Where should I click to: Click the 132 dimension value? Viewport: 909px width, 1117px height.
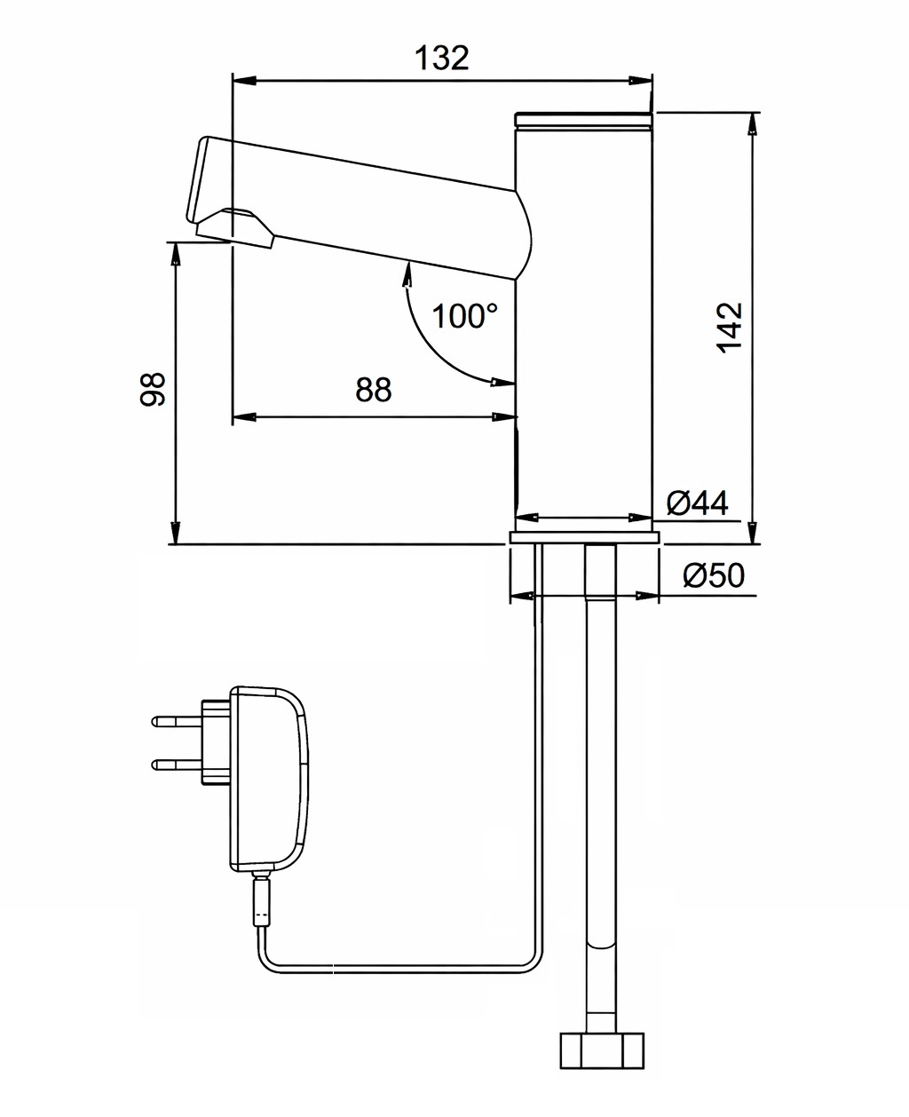pos(442,58)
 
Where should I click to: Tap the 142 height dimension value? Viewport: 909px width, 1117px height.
pos(730,327)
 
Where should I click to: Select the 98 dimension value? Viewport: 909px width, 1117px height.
pos(154,389)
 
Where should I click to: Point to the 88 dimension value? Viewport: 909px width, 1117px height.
pos(373,390)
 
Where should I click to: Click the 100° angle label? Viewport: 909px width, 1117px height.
pos(464,315)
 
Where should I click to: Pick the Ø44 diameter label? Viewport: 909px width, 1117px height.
pos(697,503)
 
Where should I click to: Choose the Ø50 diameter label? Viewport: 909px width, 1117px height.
pos(714,576)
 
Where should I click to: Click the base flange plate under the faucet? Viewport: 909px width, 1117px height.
pos(584,536)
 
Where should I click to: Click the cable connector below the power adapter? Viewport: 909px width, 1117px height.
pos(262,901)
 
